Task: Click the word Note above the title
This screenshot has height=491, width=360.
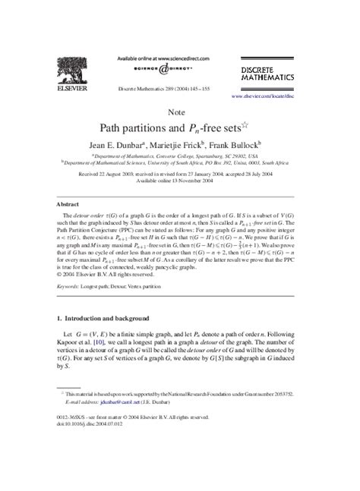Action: coord(179,112)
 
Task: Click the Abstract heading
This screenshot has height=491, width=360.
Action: coord(69,205)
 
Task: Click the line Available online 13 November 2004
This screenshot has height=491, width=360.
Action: coord(179,181)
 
